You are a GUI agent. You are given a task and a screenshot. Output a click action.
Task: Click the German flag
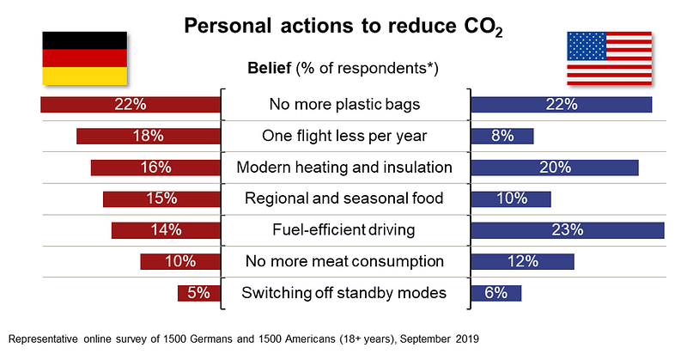[x=84, y=58]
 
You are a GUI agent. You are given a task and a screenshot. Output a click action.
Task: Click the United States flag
[x=609, y=58]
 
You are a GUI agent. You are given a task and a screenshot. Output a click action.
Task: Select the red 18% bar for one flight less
[x=149, y=136]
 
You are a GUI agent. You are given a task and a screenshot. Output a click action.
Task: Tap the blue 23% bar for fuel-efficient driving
[x=568, y=230]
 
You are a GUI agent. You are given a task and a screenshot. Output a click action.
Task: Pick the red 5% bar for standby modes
[x=199, y=293]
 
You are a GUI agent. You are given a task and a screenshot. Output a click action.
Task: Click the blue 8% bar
[x=502, y=136]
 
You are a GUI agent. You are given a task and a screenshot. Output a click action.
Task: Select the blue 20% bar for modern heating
[x=555, y=168]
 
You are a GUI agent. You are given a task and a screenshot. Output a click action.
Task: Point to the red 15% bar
[x=161, y=198]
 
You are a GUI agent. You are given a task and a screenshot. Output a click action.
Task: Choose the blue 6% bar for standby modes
[x=496, y=293]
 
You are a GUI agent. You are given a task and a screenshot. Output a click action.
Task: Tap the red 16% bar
[x=155, y=168]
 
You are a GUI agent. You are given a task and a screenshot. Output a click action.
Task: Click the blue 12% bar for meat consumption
[x=522, y=262]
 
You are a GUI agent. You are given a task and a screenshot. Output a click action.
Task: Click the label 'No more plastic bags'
[x=344, y=104]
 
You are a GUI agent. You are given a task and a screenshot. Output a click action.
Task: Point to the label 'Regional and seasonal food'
[x=344, y=198]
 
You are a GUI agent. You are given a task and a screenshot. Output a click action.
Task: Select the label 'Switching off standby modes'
[x=344, y=293]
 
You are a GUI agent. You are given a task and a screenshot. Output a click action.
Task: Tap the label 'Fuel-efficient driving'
[x=343, y=229]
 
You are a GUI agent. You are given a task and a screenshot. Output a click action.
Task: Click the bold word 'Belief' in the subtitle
[x=269, y=68]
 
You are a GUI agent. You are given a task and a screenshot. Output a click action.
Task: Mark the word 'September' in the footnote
[x=425, y=339]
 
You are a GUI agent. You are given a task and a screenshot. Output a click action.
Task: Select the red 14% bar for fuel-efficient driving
[x=166, y=230]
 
